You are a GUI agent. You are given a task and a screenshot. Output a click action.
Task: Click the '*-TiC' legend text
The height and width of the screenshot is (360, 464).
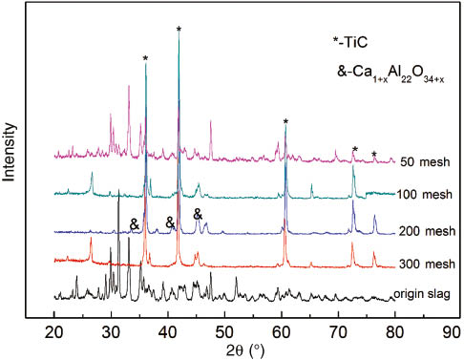click(352, 43)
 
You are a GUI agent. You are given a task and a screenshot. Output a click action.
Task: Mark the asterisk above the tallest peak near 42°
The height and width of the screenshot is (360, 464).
click(179, 30)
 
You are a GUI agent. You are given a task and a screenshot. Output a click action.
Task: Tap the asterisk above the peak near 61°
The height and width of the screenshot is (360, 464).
click(285, 121)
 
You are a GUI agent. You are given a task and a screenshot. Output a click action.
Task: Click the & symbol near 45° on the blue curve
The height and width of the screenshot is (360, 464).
click(198, 214)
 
